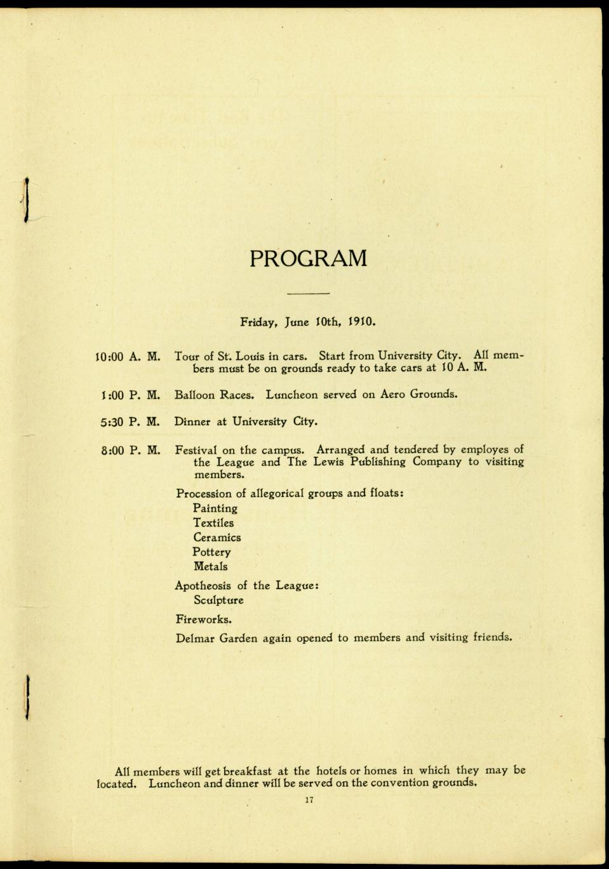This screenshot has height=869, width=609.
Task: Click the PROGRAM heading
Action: (308, 258)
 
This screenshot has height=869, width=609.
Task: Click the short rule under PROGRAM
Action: (308, 293)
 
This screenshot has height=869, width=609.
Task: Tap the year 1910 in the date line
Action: (363, 321)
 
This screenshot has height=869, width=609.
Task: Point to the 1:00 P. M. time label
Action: (131, 395)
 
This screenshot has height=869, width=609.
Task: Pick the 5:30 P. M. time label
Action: (130, 421)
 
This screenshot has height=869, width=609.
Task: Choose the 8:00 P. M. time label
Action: (130, 451)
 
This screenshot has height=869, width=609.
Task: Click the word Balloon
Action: (194, 394)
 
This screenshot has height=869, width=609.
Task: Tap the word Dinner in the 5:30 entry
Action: (193, 421)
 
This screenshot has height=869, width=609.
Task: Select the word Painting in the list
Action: (215, 508)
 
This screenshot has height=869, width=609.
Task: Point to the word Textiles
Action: (213, 523)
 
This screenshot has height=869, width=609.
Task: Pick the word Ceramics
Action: (217, 538)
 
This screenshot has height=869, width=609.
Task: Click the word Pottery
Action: (212, 552)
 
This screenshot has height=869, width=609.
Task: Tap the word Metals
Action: (210, 566)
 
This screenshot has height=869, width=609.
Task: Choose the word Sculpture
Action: (218, 600)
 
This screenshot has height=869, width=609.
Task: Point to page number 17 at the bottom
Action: (309, 800)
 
